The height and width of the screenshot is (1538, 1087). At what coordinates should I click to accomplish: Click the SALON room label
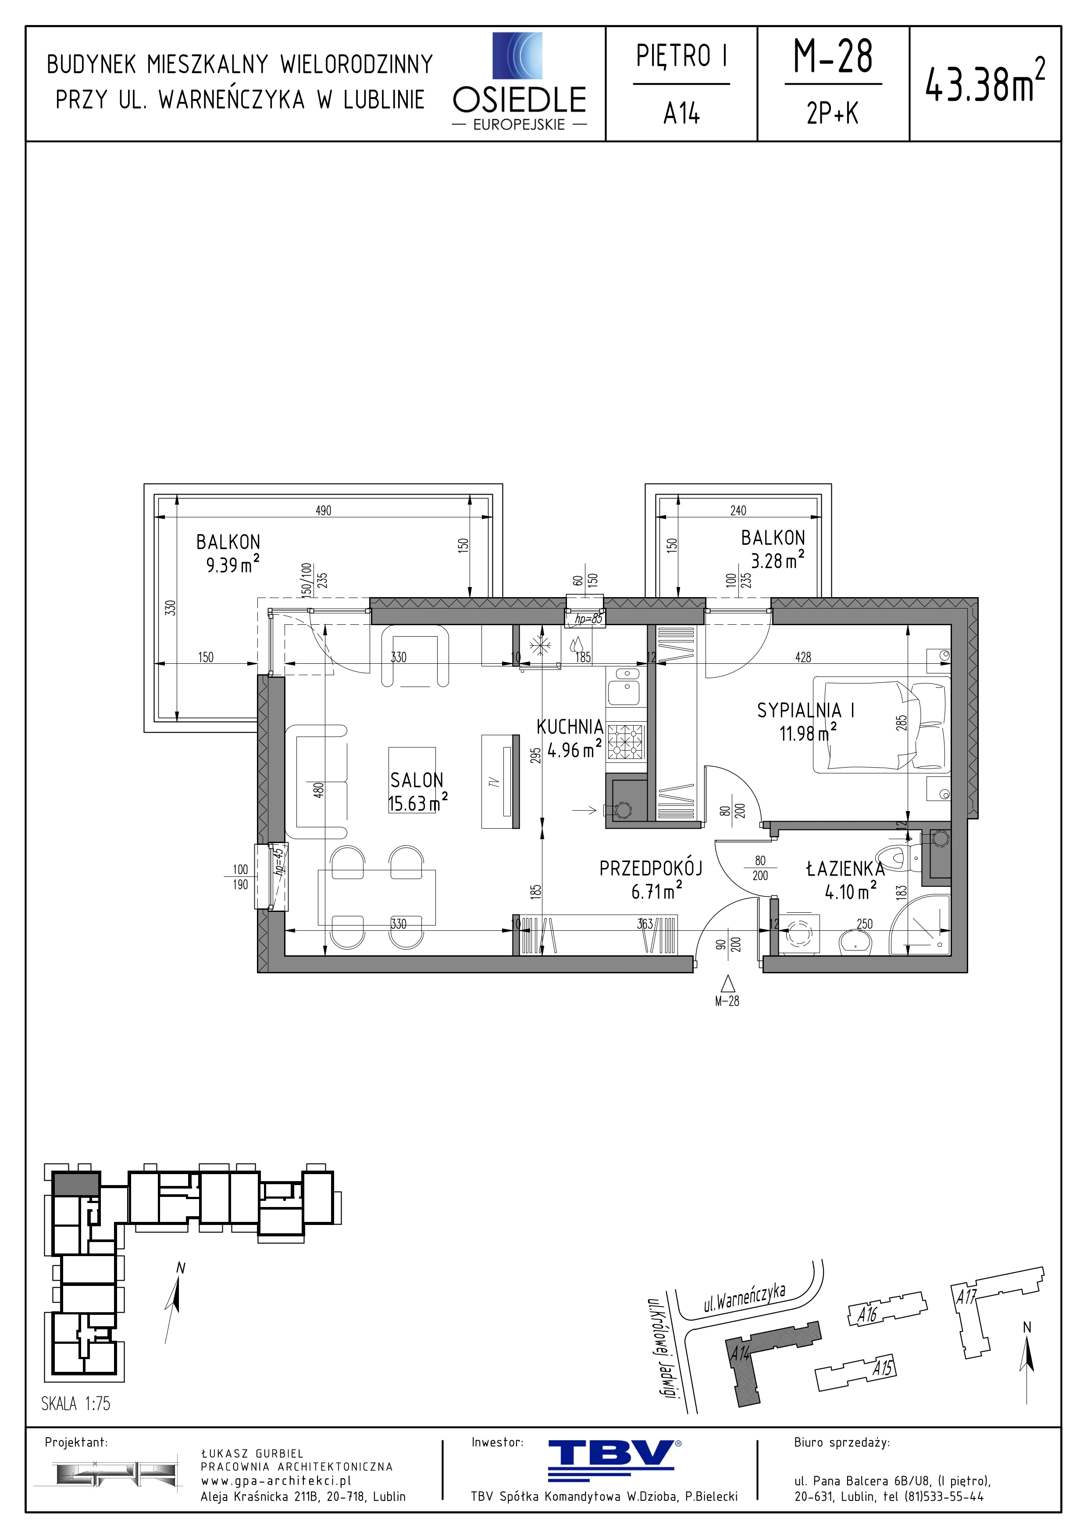pos(417,780)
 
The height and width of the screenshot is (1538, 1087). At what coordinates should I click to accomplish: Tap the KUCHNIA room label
pos(570,727)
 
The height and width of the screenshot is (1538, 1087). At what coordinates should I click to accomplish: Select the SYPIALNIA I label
pos(805,710)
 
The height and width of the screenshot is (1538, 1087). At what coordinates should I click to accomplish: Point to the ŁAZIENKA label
pos(845,869)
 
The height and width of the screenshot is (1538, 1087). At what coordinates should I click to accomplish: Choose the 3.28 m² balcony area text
pos(777,560)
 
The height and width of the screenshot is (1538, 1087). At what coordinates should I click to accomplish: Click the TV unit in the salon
pos(500,781)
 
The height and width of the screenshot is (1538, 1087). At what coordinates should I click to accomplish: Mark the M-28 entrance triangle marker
pos(727,983)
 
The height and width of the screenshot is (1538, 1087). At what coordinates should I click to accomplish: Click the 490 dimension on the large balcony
pos(324,510)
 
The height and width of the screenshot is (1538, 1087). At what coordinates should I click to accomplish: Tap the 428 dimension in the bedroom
pos(803,657)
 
